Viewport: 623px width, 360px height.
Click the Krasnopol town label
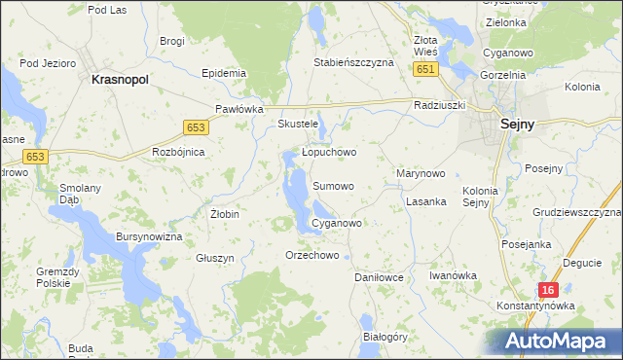119,81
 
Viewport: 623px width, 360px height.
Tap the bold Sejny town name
519,124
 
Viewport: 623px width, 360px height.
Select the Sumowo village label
333,185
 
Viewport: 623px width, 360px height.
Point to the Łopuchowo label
329,152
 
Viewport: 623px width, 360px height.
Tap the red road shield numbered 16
549,290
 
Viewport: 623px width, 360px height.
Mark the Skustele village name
298,125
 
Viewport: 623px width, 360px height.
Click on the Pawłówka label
239,109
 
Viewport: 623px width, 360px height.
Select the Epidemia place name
222,73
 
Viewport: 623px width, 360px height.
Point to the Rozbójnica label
178,152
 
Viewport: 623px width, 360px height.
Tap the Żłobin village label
225,213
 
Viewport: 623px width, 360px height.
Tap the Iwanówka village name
453,275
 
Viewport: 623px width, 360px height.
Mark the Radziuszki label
440,104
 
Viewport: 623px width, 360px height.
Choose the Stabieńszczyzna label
353,62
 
